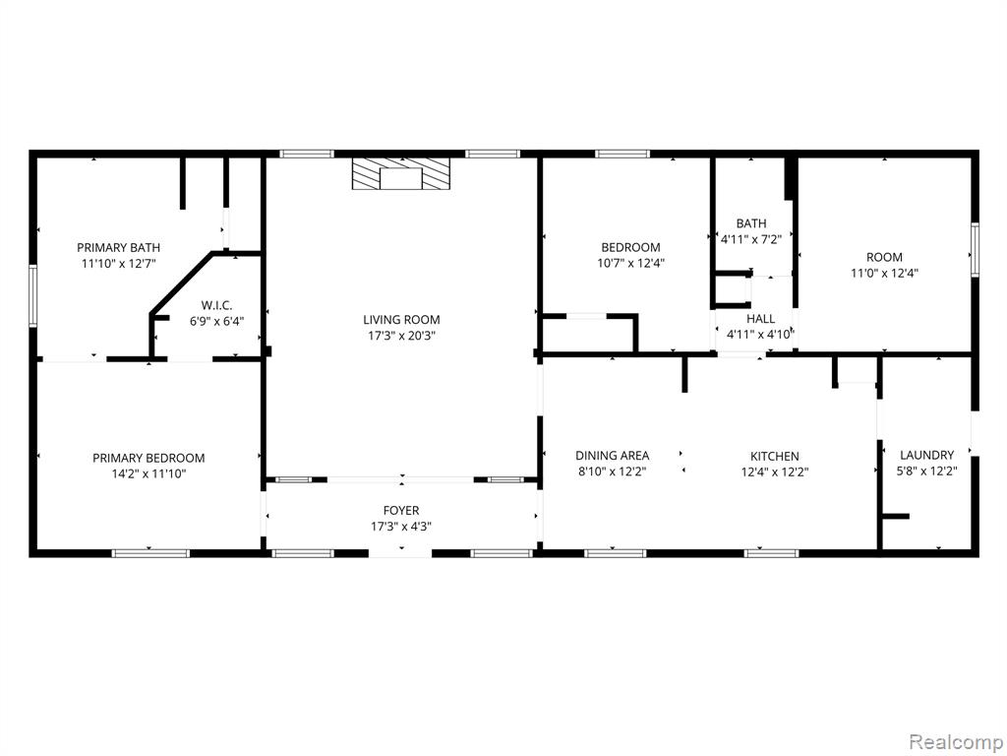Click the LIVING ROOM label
click(401, 320)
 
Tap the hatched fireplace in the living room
click(401, 173)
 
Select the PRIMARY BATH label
click(119, 247)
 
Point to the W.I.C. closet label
click(216, 305)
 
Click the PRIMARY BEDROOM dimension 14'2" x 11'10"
click(149, 474)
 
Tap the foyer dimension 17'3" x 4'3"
click(401, 527)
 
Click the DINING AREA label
click(612, 456)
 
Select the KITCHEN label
click(775, 457)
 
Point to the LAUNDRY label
click(926, 455)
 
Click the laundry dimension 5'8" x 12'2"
click(926, 472)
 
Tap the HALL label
click(760, 319)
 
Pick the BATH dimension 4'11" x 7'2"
click(751, 240)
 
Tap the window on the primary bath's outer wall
click(32, 297)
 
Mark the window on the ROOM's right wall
click(975, 249)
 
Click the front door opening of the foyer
click(400, 553)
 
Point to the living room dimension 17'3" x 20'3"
click(401, 336)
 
